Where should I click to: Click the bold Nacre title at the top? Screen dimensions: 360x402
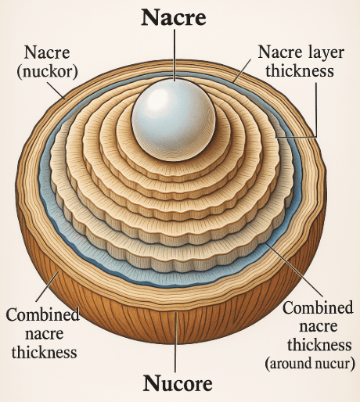(x=174, y=18)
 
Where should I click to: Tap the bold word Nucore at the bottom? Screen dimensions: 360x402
(x=178, y=383)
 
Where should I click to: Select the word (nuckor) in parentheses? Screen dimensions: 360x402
(x=47, y=71)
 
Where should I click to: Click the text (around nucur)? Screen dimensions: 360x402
(x=310, y=363)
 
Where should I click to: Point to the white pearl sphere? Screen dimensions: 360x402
(x=174, y=120)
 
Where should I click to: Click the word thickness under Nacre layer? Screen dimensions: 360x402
(x=300, y=70)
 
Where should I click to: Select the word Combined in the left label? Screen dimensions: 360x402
(x=42, y=314)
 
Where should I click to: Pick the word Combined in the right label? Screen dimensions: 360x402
(x=318, y=307)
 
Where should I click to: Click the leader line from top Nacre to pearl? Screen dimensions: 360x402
(x=175, y=55)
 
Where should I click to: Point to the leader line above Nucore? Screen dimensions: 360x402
(x=175, y=342)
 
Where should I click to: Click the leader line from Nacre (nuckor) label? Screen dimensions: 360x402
(x=56, y=91)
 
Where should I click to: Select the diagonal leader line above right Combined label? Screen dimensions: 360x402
(x=294, y=270)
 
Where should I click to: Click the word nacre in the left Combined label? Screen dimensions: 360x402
(x=45, y=335)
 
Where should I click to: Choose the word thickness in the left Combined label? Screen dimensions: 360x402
(x=44, y=352)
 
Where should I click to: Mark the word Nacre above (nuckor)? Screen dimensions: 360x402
(x=47, y=52)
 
